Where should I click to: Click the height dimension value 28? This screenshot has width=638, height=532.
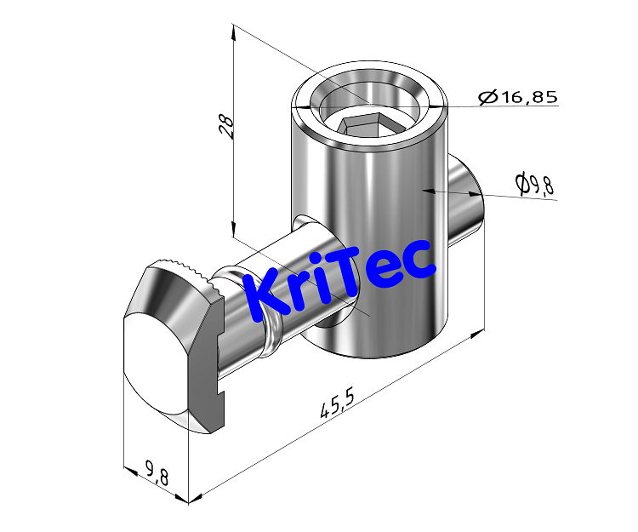point(225,125)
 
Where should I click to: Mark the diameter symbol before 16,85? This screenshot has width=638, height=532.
point(488,98)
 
